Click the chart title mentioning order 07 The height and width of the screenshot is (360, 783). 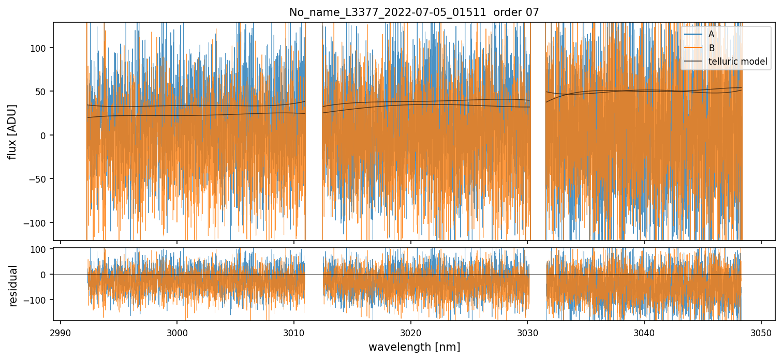pos(414,12)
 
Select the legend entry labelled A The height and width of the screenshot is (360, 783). pos(711,34)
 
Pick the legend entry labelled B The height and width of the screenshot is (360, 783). pos(711,48)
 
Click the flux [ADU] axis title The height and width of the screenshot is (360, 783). pos(12,131)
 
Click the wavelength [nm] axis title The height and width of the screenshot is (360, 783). pos(414,347)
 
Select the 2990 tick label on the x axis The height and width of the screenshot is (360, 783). pos(61,332)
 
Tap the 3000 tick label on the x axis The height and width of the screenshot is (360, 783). pos(177,332)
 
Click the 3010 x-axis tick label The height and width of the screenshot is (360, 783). pos(294,332)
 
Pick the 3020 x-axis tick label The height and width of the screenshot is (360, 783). pos(410,332)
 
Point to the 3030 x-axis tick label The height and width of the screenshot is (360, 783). pos(527,332)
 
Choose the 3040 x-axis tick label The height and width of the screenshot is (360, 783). pos(644,332)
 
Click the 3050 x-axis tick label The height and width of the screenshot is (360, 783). pos(761,332)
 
